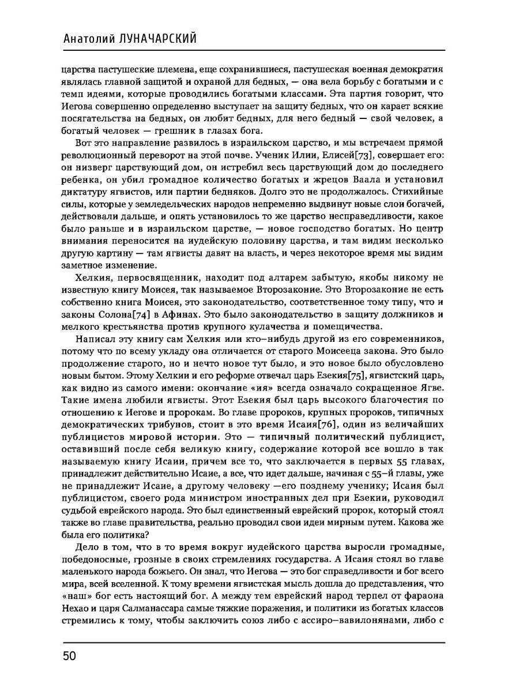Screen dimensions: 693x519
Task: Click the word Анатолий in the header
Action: [92, 38]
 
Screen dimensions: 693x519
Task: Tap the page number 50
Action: [70, 655]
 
